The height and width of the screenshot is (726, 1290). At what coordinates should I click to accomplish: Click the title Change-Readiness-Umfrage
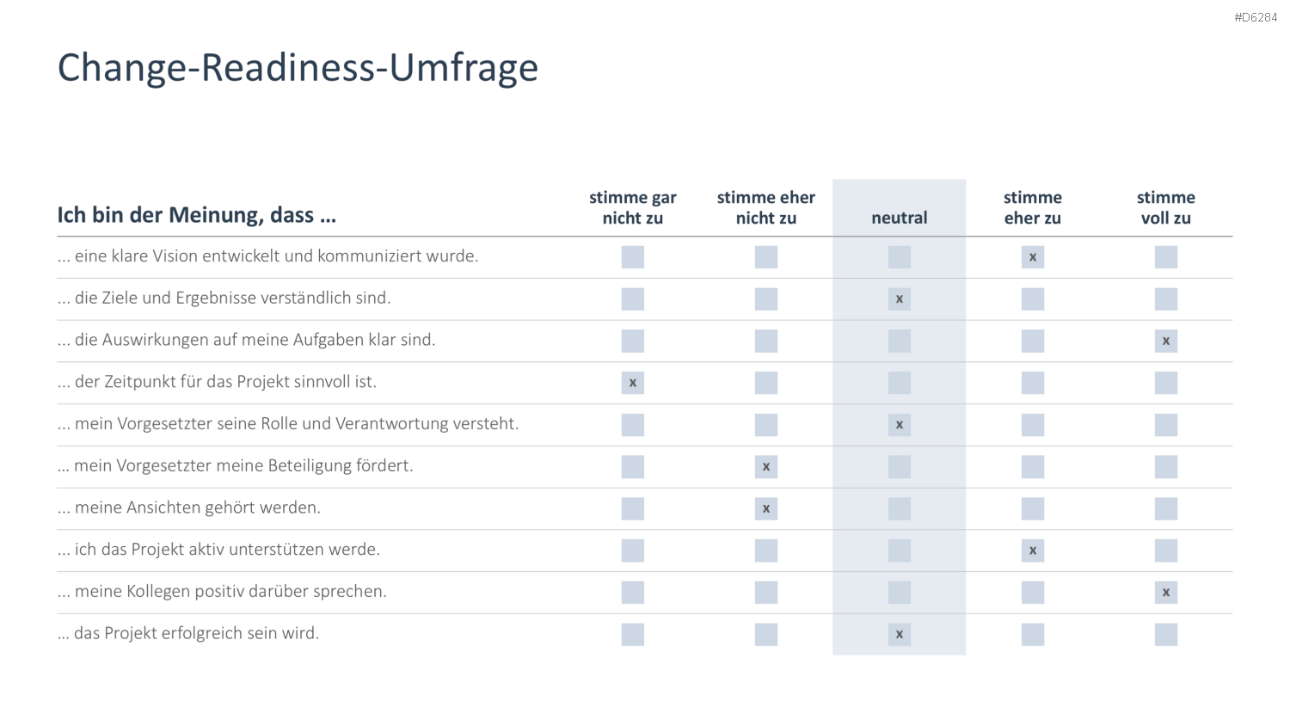click(298, 68)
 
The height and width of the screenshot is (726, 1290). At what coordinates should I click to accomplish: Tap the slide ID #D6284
click(1256, 18)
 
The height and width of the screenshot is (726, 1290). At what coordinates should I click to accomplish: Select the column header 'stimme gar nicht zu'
click(632, 207)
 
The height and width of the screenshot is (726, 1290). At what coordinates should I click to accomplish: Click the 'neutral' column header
click(899, 218)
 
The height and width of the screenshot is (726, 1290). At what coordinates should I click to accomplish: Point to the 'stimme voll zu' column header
click(1165, 207)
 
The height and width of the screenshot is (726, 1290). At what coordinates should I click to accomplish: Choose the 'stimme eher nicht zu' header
click(766, 207)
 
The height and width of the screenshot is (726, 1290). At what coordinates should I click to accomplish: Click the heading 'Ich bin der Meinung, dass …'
click(196, 215)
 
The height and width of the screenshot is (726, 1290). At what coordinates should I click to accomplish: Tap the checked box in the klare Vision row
click(1033, 257)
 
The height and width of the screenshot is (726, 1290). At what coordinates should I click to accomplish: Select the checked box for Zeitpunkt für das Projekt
click(632, 383)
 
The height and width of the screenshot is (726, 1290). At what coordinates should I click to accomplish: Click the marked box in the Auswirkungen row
click(1165, 341)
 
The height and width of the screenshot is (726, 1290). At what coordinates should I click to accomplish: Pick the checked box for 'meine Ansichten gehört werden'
click(766, 508)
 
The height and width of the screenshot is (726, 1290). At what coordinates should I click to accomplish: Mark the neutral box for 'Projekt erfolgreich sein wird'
click(899, 634)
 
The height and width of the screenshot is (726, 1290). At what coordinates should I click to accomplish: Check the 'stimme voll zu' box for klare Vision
click(1165, 257)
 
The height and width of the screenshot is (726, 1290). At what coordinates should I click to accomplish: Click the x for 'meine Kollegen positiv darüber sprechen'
click(1165, 593)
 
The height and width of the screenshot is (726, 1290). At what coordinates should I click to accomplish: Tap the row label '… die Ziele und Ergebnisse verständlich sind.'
click(224, 298)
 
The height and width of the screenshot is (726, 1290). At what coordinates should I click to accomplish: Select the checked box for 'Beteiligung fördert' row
click(766, 467)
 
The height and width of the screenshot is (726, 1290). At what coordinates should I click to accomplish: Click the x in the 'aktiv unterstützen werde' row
click(1033, 551)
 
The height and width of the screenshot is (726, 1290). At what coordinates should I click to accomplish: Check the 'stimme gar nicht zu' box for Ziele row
click(632, 299)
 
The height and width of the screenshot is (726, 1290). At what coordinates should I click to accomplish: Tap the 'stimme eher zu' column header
click(1033, 207)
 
